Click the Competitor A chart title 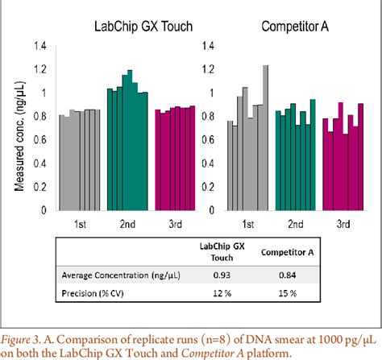(x=295, y=27)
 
